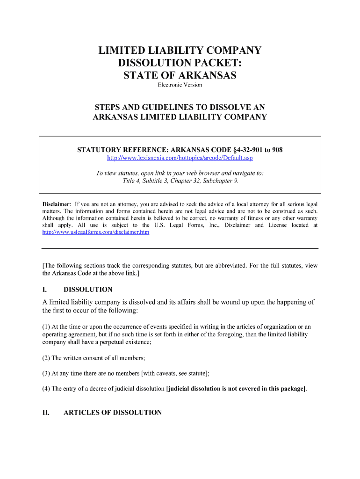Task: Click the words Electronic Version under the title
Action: click(180, 85)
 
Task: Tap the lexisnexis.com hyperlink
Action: click(180, 158)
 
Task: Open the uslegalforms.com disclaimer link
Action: click(96, 232)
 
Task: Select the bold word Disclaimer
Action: click(57, 204)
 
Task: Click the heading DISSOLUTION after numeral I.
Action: click(88, 290)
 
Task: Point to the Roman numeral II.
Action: click(46, 413)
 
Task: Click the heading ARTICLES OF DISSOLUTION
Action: click(113, 413)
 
